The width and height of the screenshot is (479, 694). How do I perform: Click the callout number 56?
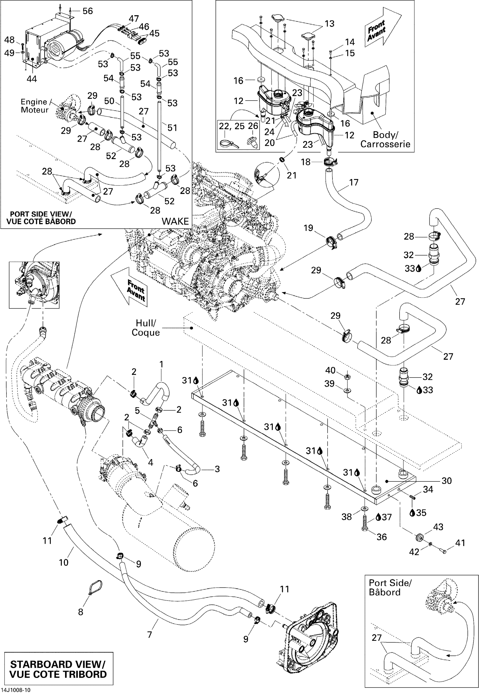[88, 11]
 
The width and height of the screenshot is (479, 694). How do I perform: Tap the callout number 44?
[32, 79]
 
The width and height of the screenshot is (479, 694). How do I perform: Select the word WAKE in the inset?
[175, 221]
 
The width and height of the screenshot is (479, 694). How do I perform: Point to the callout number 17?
[354, 182]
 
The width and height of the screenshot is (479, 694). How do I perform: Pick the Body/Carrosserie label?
[385, 139]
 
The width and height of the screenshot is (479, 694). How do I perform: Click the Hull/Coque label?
[146, 327]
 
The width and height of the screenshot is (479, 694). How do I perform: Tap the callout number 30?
[447, 481]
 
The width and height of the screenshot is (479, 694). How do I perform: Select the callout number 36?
[382, 537]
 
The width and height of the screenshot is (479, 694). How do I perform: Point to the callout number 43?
[438, 527]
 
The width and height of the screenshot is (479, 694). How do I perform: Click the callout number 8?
[80, 612]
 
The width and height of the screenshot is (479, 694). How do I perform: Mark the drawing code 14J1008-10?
[15, 690]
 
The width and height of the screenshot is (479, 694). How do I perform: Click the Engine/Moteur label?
[34, 106]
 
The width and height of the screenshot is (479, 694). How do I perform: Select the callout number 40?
[331, 371]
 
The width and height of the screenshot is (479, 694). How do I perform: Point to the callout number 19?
[308, 228]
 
